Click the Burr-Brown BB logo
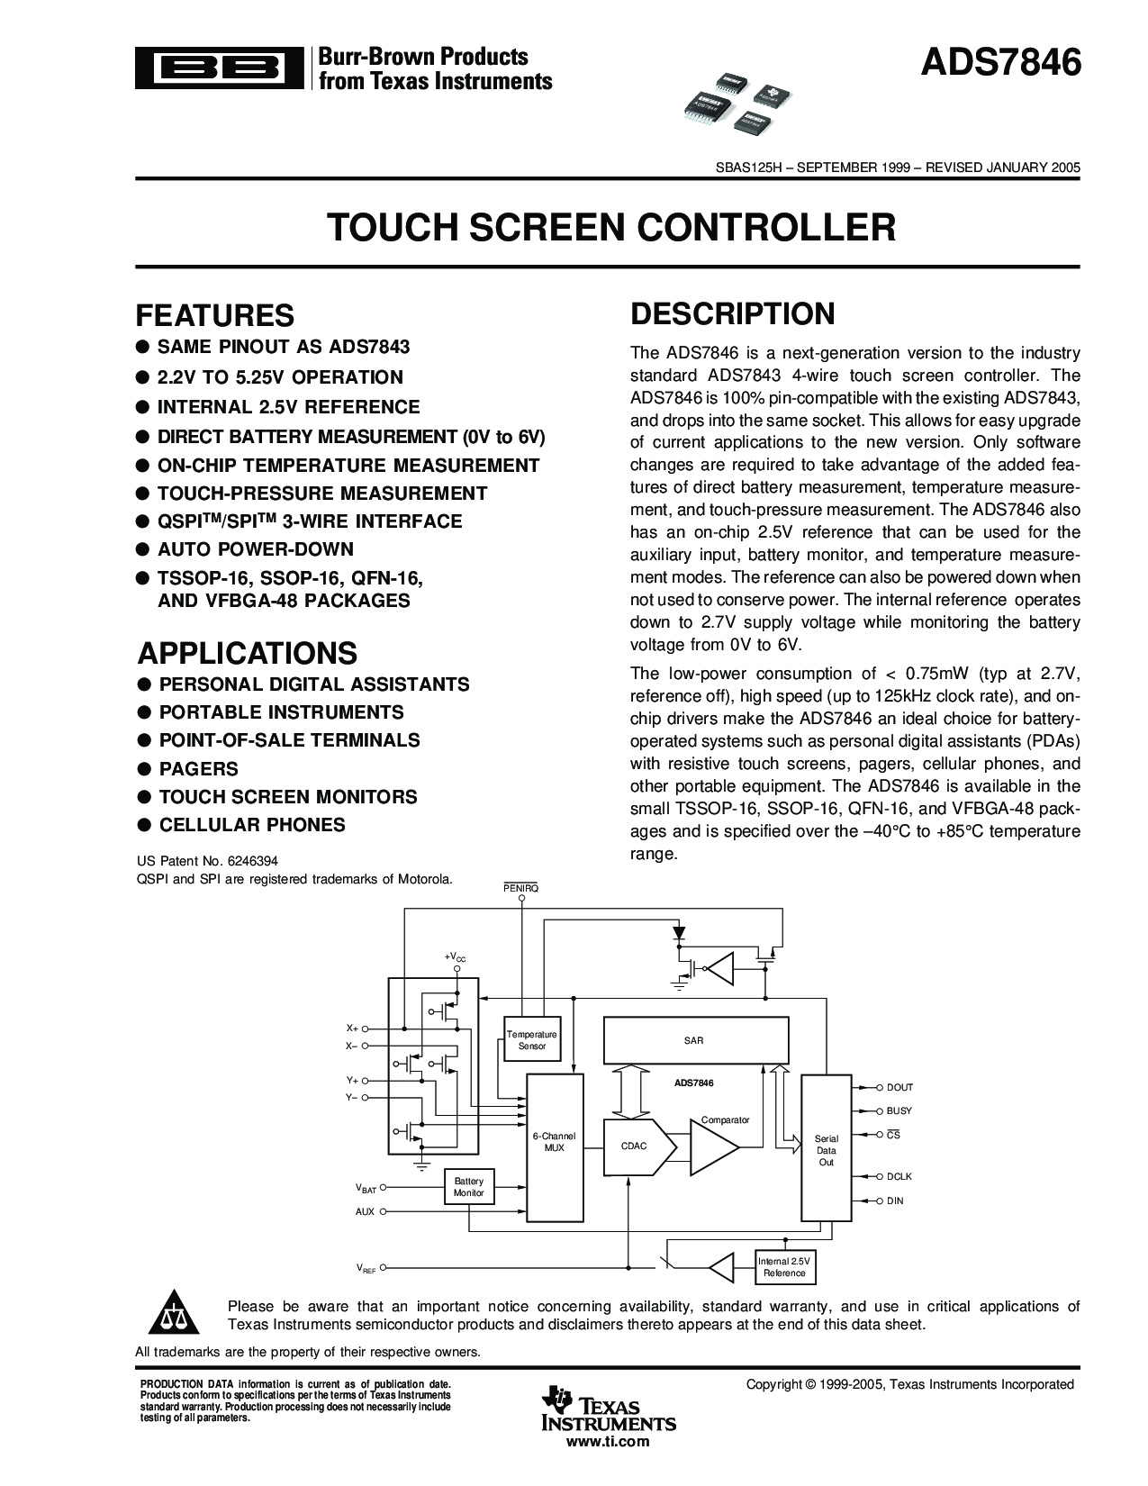[x=218, y=68]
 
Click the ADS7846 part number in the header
[x=999, y=65]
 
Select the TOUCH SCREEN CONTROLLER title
[x=610, y=227]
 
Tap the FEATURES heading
[x=214, y=315]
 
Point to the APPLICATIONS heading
[x=247, y=652]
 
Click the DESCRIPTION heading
[x=732, y=313]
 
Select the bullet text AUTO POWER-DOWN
[x=255, y=549]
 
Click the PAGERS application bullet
[x=198, y=768]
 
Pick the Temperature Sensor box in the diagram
[x=531, y=1040]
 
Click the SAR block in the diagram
[x=694, y=1040]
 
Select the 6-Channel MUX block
[x=554, y=1142]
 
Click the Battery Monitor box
[x=468, y=1187]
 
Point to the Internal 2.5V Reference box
[x=784, y=1267]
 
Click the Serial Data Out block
[x=826, y=1150]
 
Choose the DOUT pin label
[x=899, y=1087]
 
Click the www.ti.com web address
[x=607, y=1442]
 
